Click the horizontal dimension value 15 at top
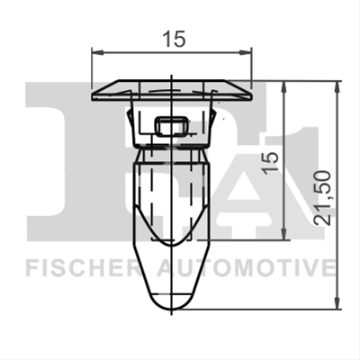[x=174, y=39]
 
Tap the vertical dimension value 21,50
[x=322, y=198]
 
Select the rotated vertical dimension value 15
[x=270, y=163]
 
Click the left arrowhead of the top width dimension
[x=97, y=52]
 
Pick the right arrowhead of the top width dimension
[x=245, y=53]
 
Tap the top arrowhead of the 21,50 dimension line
[x=337, y=87]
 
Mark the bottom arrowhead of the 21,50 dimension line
[x=337, y=302]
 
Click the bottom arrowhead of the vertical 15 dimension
[x=284, y=234]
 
